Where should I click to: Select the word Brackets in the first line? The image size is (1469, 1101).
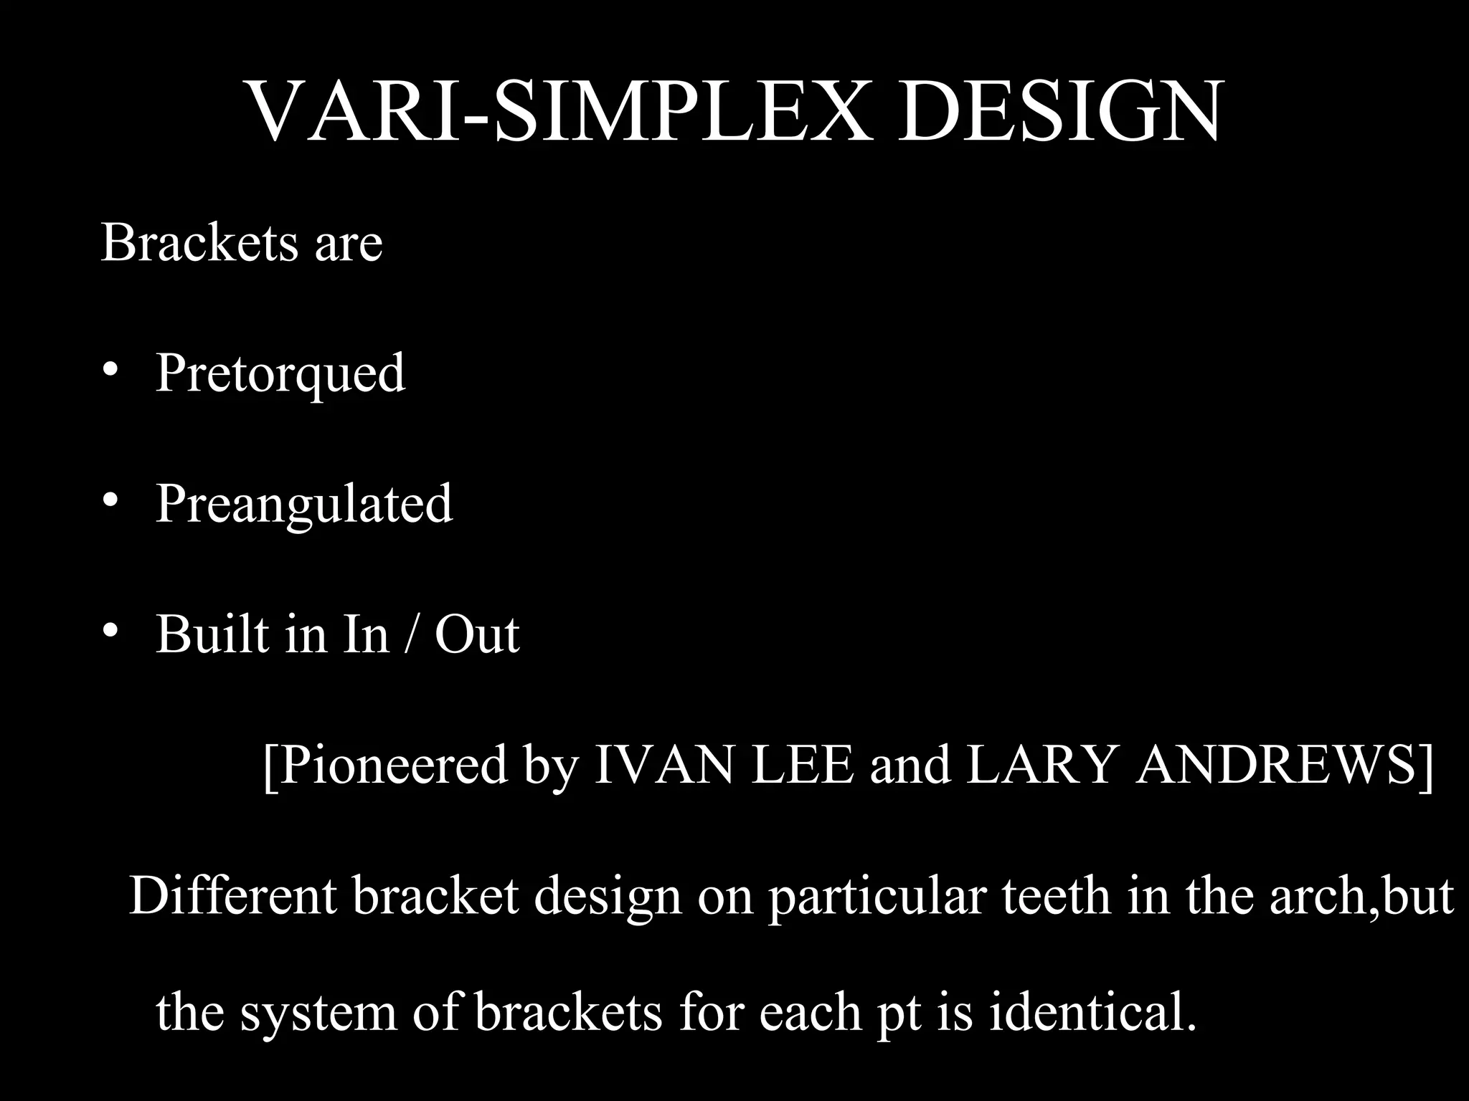coord(199,243)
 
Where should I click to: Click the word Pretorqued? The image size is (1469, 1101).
coord(280,373)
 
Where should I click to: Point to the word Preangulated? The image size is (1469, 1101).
coord(304,504)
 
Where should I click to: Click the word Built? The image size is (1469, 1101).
coord(212,634)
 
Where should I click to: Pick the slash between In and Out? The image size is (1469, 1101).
coord(410,634)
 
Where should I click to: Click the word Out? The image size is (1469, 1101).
coord(477,634)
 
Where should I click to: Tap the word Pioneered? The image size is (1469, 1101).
coord(391,766)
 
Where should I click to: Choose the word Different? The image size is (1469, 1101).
coord(233,896)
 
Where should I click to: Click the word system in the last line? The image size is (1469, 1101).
coord(318,1013)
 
